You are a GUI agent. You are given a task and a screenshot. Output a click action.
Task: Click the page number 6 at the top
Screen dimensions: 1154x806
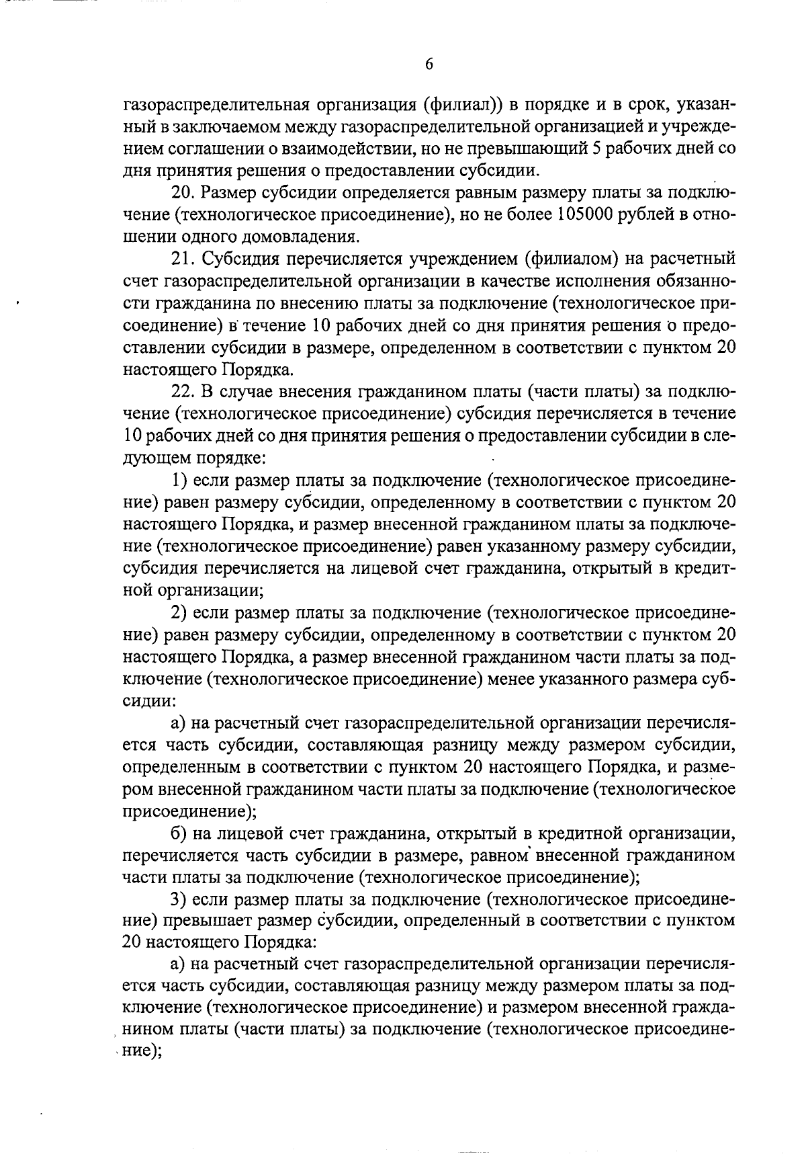[429, 65]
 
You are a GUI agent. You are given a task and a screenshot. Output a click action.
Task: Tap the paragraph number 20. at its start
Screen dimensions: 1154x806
[183, 192]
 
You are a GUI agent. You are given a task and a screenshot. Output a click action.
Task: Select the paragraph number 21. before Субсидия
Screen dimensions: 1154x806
[182, 259]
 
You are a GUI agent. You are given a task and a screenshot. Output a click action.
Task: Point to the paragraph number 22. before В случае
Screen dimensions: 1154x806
[183, 391]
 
